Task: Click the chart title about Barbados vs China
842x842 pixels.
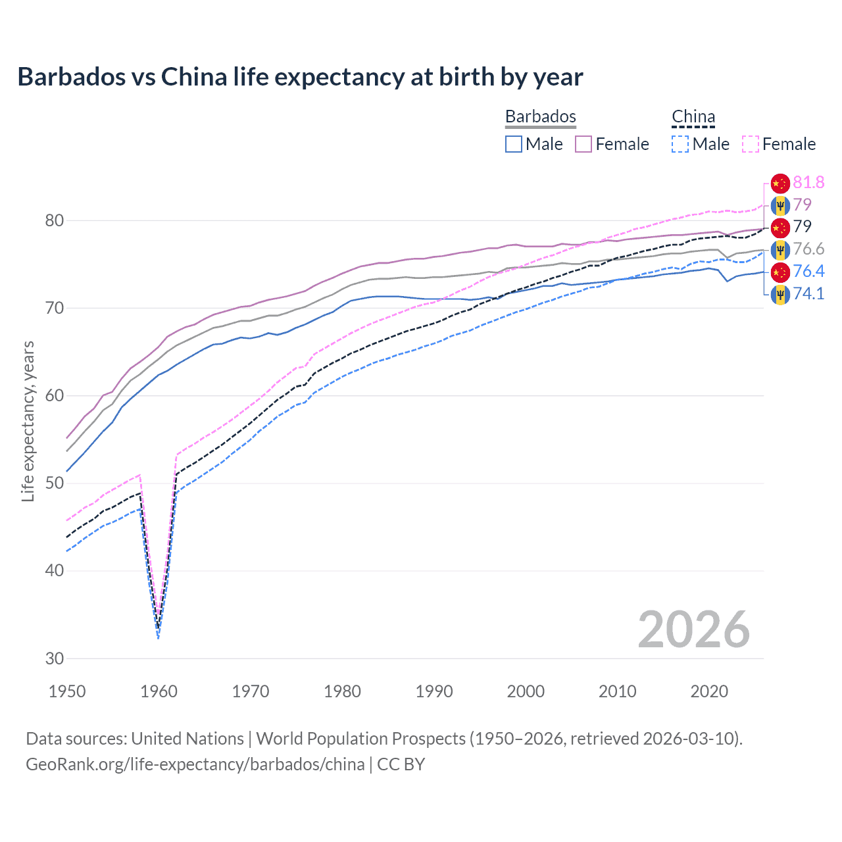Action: coord(300,77)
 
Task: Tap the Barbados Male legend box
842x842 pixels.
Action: coord(514,144)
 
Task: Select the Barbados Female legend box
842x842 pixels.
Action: coord(583,144)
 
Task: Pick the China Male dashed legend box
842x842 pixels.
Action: coord(680,144)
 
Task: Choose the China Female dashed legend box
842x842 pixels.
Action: coord(750,144)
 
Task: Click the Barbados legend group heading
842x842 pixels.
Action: coord(540,116)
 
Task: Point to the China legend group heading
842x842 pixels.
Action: coord(693,116)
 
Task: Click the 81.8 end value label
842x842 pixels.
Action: coord(808,182)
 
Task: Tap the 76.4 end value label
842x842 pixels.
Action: coord(808,271)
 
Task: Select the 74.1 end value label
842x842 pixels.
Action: coord(808,293)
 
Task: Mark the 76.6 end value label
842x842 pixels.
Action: coord(808,249)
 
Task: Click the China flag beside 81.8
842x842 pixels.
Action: coord(780,183)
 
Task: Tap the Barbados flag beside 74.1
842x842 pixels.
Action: coord(780,294)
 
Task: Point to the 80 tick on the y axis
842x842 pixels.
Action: coord(55,220)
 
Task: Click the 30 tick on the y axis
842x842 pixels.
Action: coord(55,658)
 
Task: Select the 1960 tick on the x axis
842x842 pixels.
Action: coord(159,691)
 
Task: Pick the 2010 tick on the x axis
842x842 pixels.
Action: coord(617,691)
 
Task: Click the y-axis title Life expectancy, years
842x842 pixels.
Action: coord(28,421)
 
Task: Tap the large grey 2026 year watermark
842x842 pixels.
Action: coord(693,630)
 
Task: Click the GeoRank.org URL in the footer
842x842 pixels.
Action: coord(195,764)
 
